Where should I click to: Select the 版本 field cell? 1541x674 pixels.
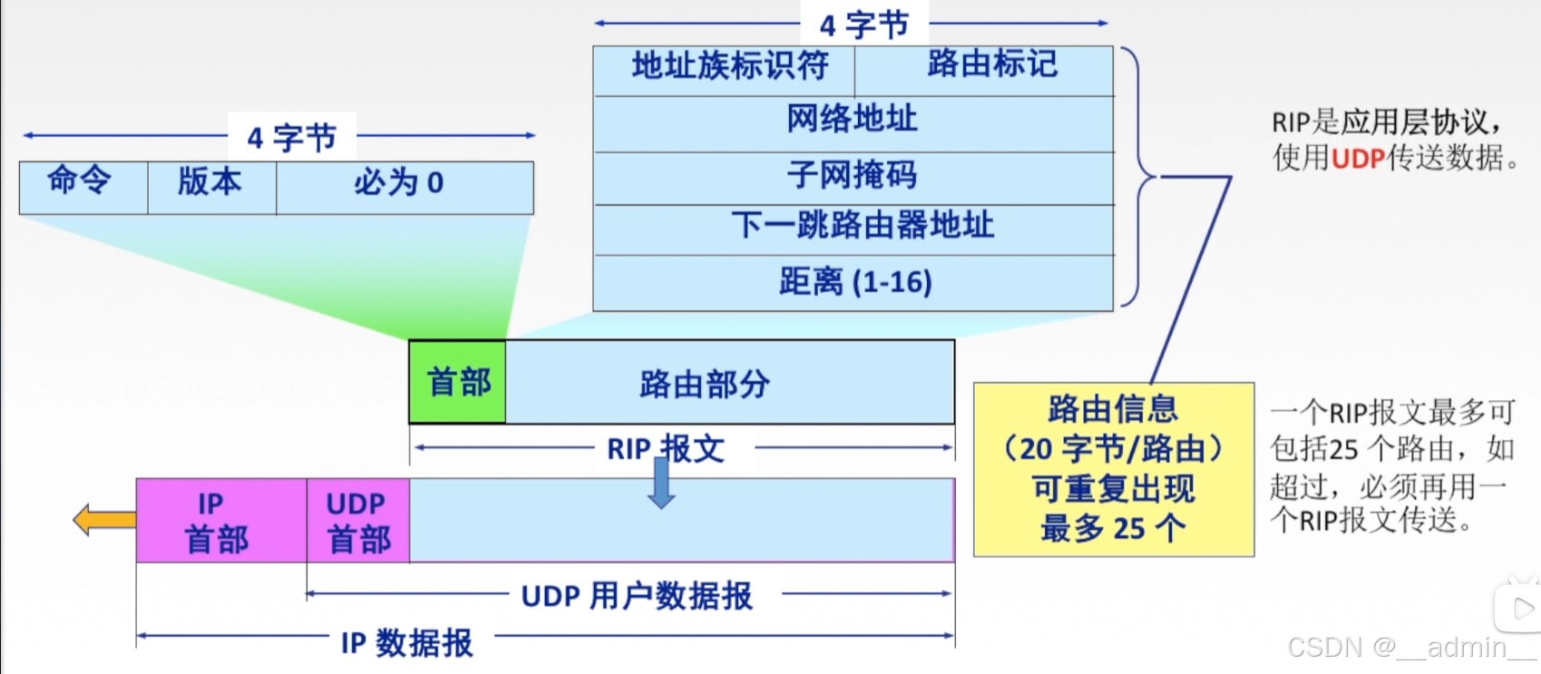tap(211, 187)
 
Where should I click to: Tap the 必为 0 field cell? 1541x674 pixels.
tap(405, 187)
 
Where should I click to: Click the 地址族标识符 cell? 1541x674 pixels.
tap(724, 70)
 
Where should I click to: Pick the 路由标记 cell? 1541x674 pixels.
tap(985, 70)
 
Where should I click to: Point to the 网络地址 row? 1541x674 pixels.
tap(853, 122)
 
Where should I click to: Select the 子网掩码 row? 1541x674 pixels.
tap(853, 177)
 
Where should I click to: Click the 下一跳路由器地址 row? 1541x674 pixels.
tap(853, 229)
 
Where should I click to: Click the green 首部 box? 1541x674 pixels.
tap(458, 382)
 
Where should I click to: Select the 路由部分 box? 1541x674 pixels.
tap(730, 382)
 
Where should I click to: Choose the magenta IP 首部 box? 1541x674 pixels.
tap(221, 521)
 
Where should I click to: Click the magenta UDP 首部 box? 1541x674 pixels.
tap(358, 521)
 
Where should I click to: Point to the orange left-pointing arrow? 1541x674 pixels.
tap(103, 520)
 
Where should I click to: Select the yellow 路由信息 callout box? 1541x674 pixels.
tap(1113, 469)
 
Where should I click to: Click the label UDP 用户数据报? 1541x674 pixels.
tap(637, 596)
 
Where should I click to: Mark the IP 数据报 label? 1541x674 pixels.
tap(407, 643)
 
